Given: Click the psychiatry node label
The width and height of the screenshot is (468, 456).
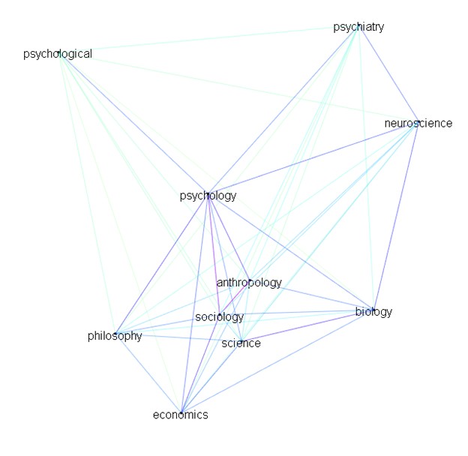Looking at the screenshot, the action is click(x=358, y=27).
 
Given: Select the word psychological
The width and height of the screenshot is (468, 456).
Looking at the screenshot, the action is click(x=58, y=54).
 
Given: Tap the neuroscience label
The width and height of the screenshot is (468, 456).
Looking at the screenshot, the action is click(x=418, y=123).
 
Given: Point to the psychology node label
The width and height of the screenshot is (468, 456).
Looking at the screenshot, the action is click(x=208, y=196).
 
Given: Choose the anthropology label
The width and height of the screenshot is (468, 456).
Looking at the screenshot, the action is click(x=249, y=283).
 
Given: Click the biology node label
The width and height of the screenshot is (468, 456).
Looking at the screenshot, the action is click(x=373, y=312).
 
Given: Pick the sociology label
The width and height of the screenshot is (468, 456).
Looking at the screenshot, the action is click(x=219, y=317).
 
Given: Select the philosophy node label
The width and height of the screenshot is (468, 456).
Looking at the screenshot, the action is click(x=115, y=336).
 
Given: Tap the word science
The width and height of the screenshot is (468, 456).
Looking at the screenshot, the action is click(x=241, y=343).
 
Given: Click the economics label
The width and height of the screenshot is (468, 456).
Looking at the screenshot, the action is click(x=180, y=415).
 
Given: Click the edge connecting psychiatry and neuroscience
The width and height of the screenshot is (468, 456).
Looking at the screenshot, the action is click(x=388, y=74).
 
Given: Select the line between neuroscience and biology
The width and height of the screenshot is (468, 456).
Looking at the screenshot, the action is click(x=396, y=216).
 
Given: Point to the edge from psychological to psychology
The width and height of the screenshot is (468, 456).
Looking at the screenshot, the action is click(x=133, y=124).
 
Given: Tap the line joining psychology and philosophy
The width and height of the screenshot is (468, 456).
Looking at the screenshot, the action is click(x=162, y=264).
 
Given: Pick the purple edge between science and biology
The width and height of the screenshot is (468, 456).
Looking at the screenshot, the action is click(x=307, y=326).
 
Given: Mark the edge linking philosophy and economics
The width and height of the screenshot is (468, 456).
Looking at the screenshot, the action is click(x=148, y=373).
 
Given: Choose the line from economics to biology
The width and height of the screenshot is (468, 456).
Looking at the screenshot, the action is click(x=277, y=361).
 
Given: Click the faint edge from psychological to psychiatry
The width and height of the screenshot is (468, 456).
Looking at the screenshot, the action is click(x=208, y=40).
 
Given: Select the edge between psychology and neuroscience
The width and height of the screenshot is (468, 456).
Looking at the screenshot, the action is click(x=313, y=158).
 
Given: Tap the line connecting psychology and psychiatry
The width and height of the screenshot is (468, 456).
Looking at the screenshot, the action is click(x=283, y=111).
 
